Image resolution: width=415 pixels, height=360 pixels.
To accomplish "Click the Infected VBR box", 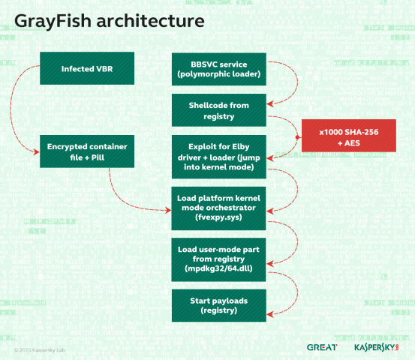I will [88, 70].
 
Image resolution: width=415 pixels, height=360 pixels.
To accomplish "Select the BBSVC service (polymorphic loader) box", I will [218, 70].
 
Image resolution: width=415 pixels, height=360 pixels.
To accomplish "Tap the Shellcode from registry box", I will [218, 110].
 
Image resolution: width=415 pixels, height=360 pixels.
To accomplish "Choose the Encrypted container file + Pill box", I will [88, 151].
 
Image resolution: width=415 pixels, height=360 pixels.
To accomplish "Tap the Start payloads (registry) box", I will [218, 305].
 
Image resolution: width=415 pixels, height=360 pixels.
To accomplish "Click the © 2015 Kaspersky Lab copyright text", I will [41, 349].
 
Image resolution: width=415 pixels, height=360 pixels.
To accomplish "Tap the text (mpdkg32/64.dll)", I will [218, 268].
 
